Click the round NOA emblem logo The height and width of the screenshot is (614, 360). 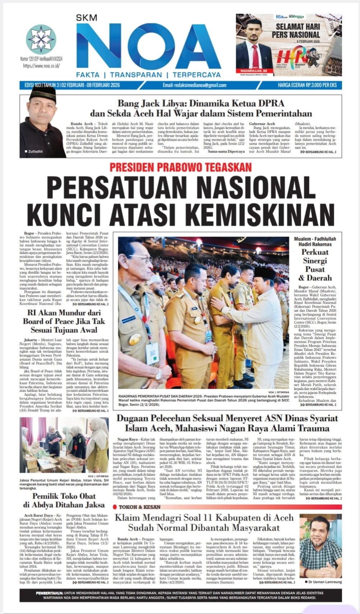[x=41, y=39]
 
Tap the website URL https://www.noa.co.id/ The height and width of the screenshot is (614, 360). [x=41, y=66]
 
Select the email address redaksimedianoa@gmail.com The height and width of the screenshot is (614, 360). [x=194, y=85]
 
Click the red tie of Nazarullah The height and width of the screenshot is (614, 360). [x=255, y=56]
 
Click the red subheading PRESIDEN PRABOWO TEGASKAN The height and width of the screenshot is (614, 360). [x=181, y=167]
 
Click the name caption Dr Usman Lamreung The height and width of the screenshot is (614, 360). [x=323, y=582]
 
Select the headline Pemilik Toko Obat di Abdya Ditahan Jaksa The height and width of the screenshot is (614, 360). [x=64, y=500]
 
